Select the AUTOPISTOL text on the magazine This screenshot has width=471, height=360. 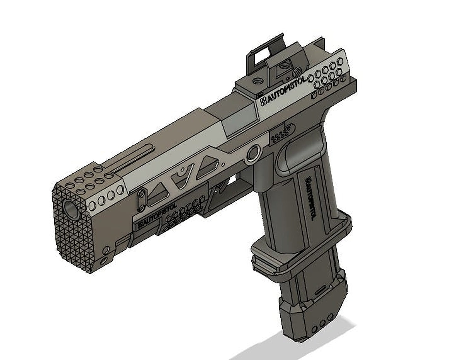tap(309, 198)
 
